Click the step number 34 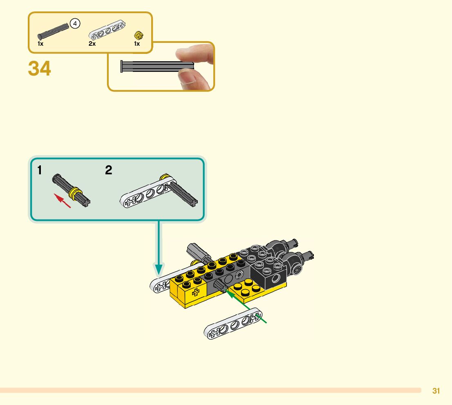tap(40, 69)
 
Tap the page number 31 tap(436, 391)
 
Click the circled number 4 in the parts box tap(75, 24)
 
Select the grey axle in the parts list tap(53, 31)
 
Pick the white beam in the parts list tap(107, 31)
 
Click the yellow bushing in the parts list tap(138, 36)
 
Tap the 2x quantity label tap(92, 44)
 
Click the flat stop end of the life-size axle tap(122, 67)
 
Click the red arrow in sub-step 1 tap(63, 201)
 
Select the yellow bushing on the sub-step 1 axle tap(75, 193)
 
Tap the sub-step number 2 tap(108, 170)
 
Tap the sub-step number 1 tap(40, 170)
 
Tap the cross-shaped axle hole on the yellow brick tap(195, 291)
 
